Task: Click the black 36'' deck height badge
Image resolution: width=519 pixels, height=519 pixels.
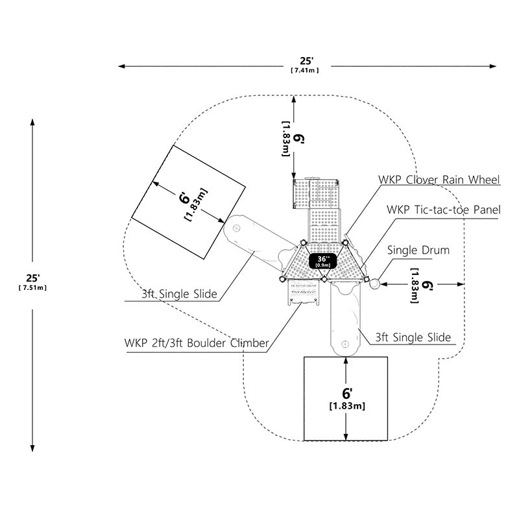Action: click(x=322, y=261)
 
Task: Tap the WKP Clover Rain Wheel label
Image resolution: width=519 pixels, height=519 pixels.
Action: click(x=439, y=180)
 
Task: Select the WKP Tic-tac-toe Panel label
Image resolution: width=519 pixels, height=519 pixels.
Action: click(x=444, y=210)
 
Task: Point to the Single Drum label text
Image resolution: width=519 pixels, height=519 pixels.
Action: click(x=418, y=250)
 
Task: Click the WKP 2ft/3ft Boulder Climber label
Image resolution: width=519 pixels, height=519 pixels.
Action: click(x=197, y=343)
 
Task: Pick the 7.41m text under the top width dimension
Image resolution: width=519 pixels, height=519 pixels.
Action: click(x=305, y=70)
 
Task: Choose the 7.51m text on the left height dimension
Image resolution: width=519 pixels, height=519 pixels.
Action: click(x=32, y=287)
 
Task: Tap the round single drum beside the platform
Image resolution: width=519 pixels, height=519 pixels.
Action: click(x=375, y=284)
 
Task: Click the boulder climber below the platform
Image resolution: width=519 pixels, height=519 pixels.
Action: click(x=302, y=291)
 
